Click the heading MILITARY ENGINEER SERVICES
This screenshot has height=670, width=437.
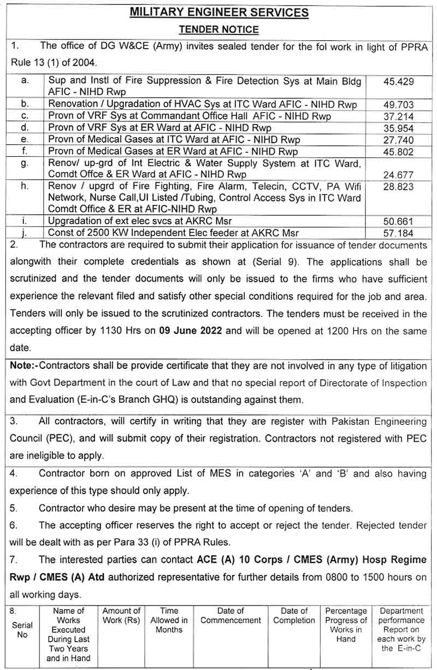(x=219, y=13)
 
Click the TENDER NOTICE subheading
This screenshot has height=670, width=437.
(x=218, y=30)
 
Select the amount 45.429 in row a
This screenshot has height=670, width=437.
(x=399, y=81)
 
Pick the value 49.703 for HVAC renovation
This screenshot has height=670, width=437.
(x=399, y=104)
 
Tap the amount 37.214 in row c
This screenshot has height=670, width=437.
(x=399, y=116)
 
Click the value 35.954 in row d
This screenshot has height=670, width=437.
(x=399, y=128)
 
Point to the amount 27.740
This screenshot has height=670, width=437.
(x=399, y=140)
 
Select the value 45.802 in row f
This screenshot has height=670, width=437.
(x=399, y=152)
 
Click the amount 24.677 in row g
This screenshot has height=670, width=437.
(x=399, y=175)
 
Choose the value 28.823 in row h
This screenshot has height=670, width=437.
(x=399, y=187)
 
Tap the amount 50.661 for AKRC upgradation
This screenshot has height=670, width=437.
(x=399, y=221)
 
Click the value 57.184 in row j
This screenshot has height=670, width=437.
(x=399, y=233)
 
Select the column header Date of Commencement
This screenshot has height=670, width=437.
(x=231, y=615)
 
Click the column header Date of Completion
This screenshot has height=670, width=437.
(x=294, y=615)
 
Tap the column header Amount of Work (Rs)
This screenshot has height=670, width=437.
(x=121, y=615)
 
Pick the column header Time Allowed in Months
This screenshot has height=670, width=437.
(x=169, y=620)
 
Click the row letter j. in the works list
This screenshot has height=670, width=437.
(x=25, y=233)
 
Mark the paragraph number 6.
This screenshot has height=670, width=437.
(x=14, y=526)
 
